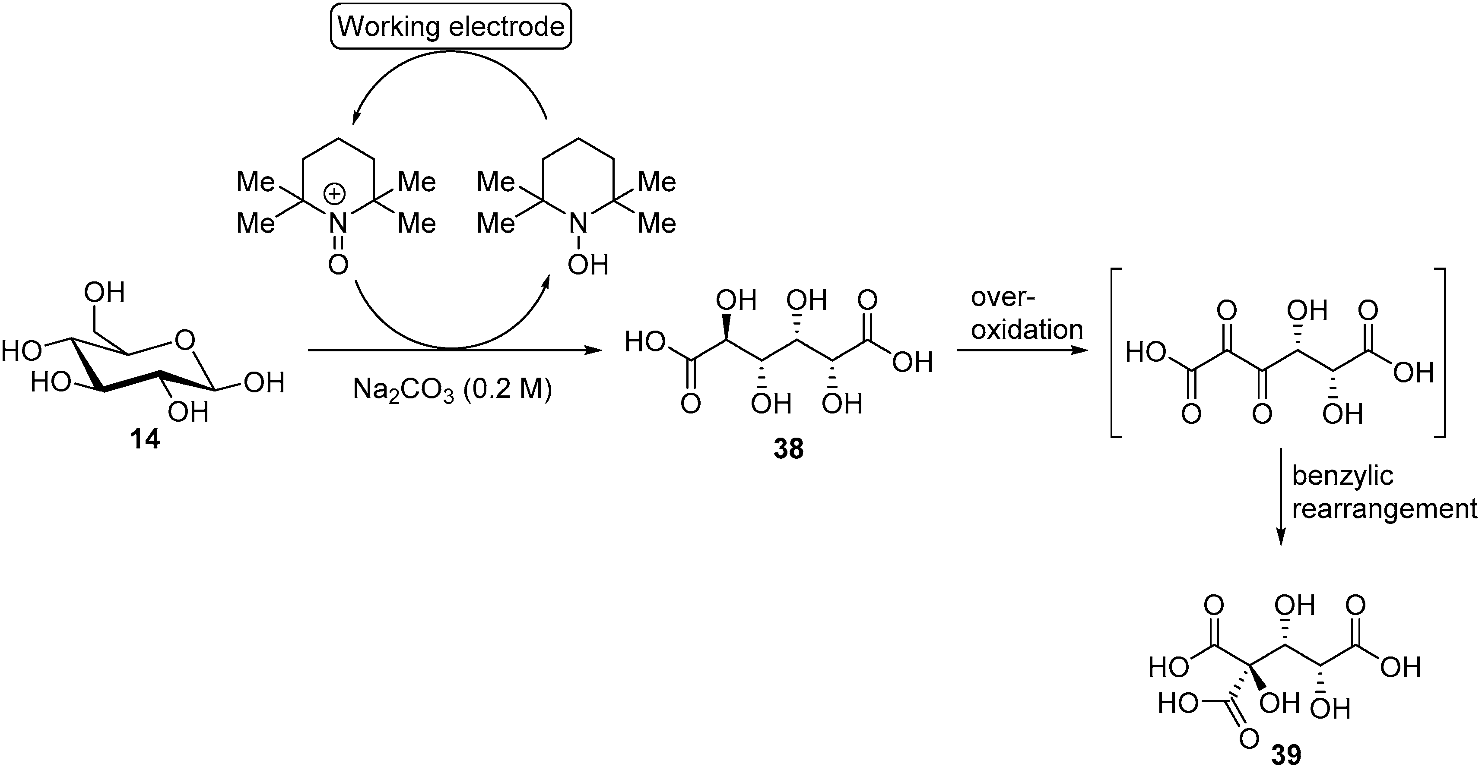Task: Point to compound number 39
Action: click(x=1286, y=755)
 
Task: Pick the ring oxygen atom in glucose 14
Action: click(x=185, y=341)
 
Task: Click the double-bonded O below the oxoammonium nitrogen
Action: click(x=338, y=265)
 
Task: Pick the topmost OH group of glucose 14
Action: click(x=104, y=293)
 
